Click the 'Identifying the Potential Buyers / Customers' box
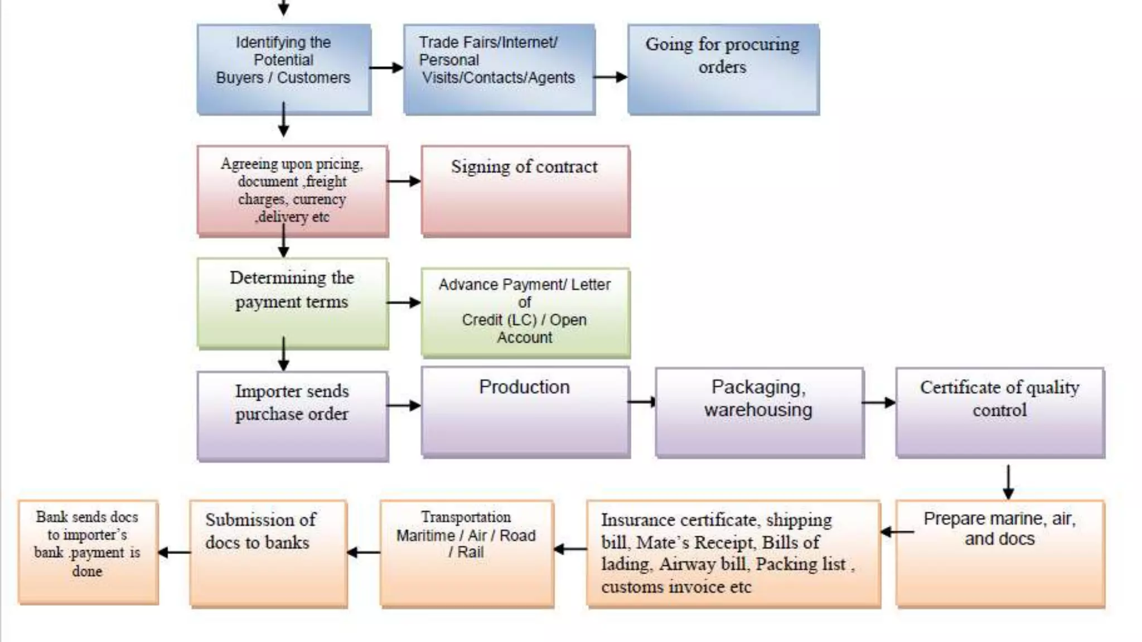click(x=283, y=69)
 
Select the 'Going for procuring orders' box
click(x=723, y=69)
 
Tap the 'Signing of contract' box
click(x=525, y=191)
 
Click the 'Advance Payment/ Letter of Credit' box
click(x=525, y=312)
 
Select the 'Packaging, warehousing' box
click(x=759, y=412)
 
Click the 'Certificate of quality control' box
click(x=999, y=412)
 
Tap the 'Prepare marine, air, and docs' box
click(x=999, y=552)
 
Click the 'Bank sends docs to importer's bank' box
click(x=88, y=552)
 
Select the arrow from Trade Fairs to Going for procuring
click(x=610, y=77)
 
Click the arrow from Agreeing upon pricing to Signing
click(x=404, y=181)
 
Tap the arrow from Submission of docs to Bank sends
click(x=174, y=552)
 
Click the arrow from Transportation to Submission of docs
click(x=363, y=552)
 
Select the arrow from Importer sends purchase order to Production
click(x=404, y=405)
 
